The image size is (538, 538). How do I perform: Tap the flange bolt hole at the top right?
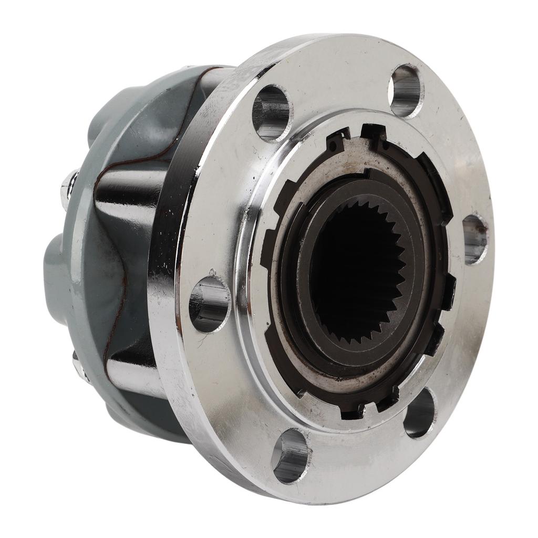point(406,91)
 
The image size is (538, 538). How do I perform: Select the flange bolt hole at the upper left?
point(272,112)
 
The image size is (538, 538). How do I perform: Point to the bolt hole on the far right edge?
point(475,239)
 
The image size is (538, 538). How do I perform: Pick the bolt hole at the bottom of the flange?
point(290,455)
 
